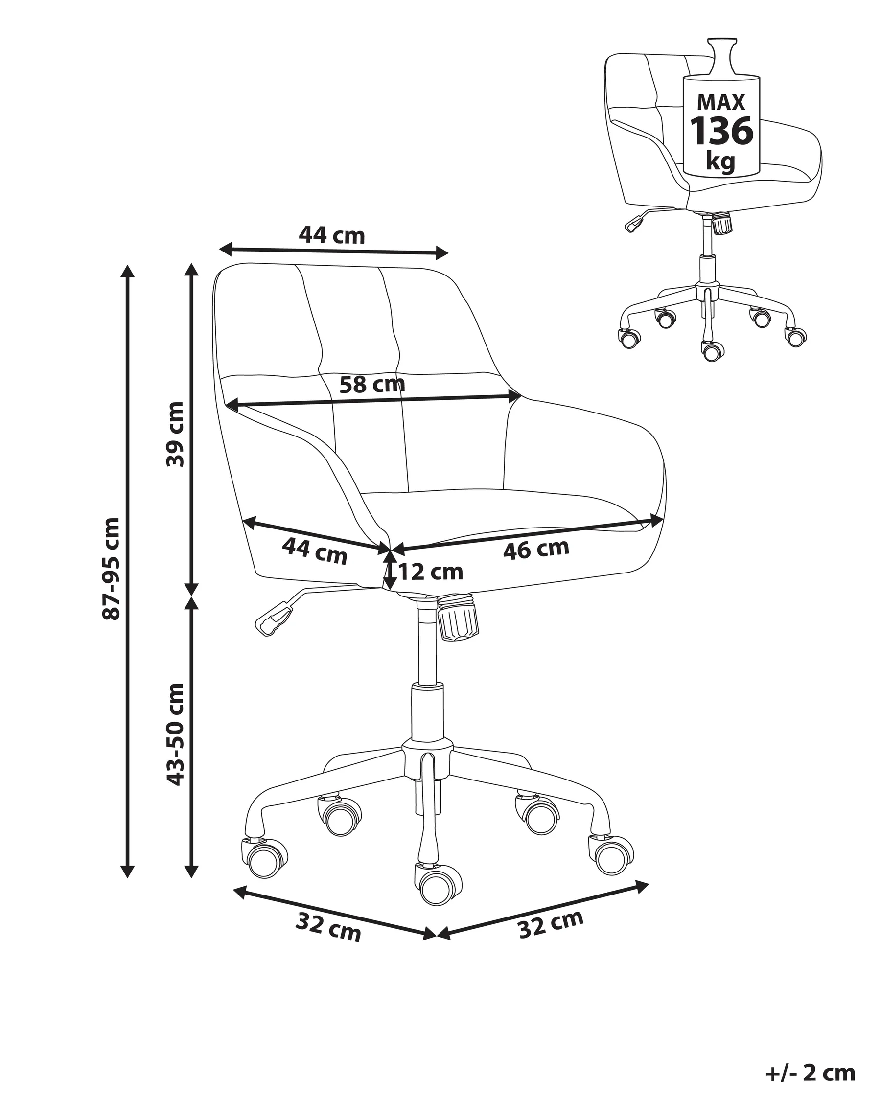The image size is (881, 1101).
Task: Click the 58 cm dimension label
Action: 372,384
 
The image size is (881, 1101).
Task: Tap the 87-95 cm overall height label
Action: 111,569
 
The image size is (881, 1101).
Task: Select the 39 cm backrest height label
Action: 175,434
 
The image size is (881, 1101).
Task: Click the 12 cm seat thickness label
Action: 431,572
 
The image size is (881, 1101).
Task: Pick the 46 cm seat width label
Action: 536,549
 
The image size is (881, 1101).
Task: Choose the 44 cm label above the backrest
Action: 331,235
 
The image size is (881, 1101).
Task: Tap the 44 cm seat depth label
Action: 315,551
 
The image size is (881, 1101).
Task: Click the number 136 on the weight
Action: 721,131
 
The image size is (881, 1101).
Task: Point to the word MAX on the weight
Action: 721,103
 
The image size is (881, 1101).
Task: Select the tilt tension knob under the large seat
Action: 458,619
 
